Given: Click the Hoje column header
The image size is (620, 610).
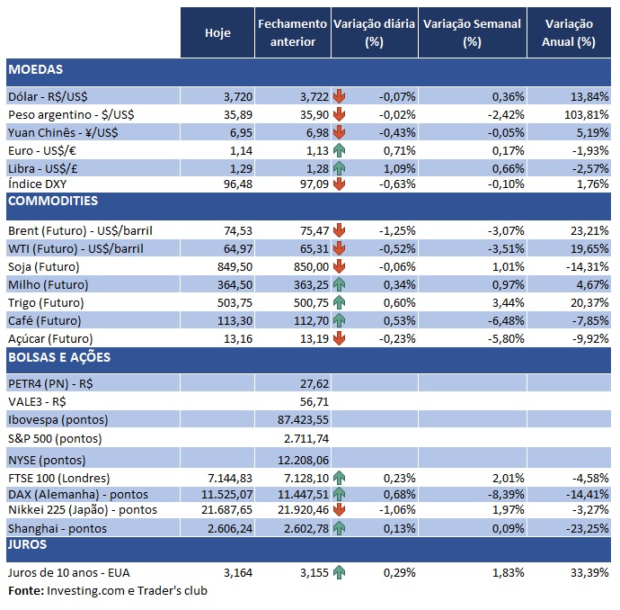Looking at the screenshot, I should click(x=217, y=32).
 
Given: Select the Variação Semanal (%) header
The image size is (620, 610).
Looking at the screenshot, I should click(x=472, y=32).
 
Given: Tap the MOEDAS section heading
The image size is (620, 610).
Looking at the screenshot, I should click(x=35, y=69).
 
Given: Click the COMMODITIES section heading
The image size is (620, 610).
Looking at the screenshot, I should click(x=52, y=201).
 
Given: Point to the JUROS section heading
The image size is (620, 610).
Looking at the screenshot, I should click(x=28, y=544).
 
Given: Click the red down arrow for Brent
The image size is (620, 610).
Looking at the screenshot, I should click(x=339, y=229).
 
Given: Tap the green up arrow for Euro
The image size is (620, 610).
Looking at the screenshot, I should click(x=339, y=149).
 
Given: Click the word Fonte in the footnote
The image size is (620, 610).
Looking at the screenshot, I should click(x=24, y=591).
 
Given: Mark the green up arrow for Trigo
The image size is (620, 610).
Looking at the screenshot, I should click(x=339, y=302).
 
